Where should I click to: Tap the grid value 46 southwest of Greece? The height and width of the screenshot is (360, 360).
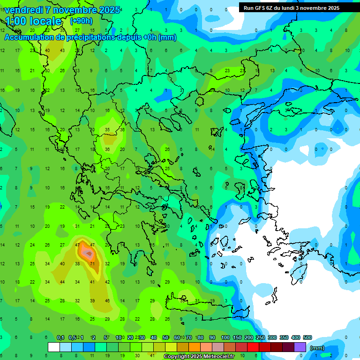coord(107,300)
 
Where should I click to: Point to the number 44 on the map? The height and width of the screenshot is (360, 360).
coord(62,282)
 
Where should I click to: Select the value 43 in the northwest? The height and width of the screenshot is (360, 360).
coord(62,51)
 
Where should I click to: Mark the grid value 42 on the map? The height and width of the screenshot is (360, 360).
coord(107,282)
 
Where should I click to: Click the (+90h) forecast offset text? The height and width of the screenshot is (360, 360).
coord(81,21)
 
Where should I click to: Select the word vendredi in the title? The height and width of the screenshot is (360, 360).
coord(24,10)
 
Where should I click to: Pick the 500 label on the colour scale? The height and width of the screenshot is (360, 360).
coord(307,338)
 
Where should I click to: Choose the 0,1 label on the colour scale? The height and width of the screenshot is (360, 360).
coord(60,338)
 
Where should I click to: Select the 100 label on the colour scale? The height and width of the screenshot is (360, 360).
coord(225,338)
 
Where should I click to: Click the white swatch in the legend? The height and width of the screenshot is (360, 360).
coord(54,347)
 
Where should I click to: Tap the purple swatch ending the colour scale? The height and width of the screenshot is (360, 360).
coord(300,347)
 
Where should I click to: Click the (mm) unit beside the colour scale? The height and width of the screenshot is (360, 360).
coord(317,348)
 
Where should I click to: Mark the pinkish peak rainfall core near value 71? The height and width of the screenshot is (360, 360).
coord(87,254)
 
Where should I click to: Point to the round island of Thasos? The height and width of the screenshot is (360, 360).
coord(199,101)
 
